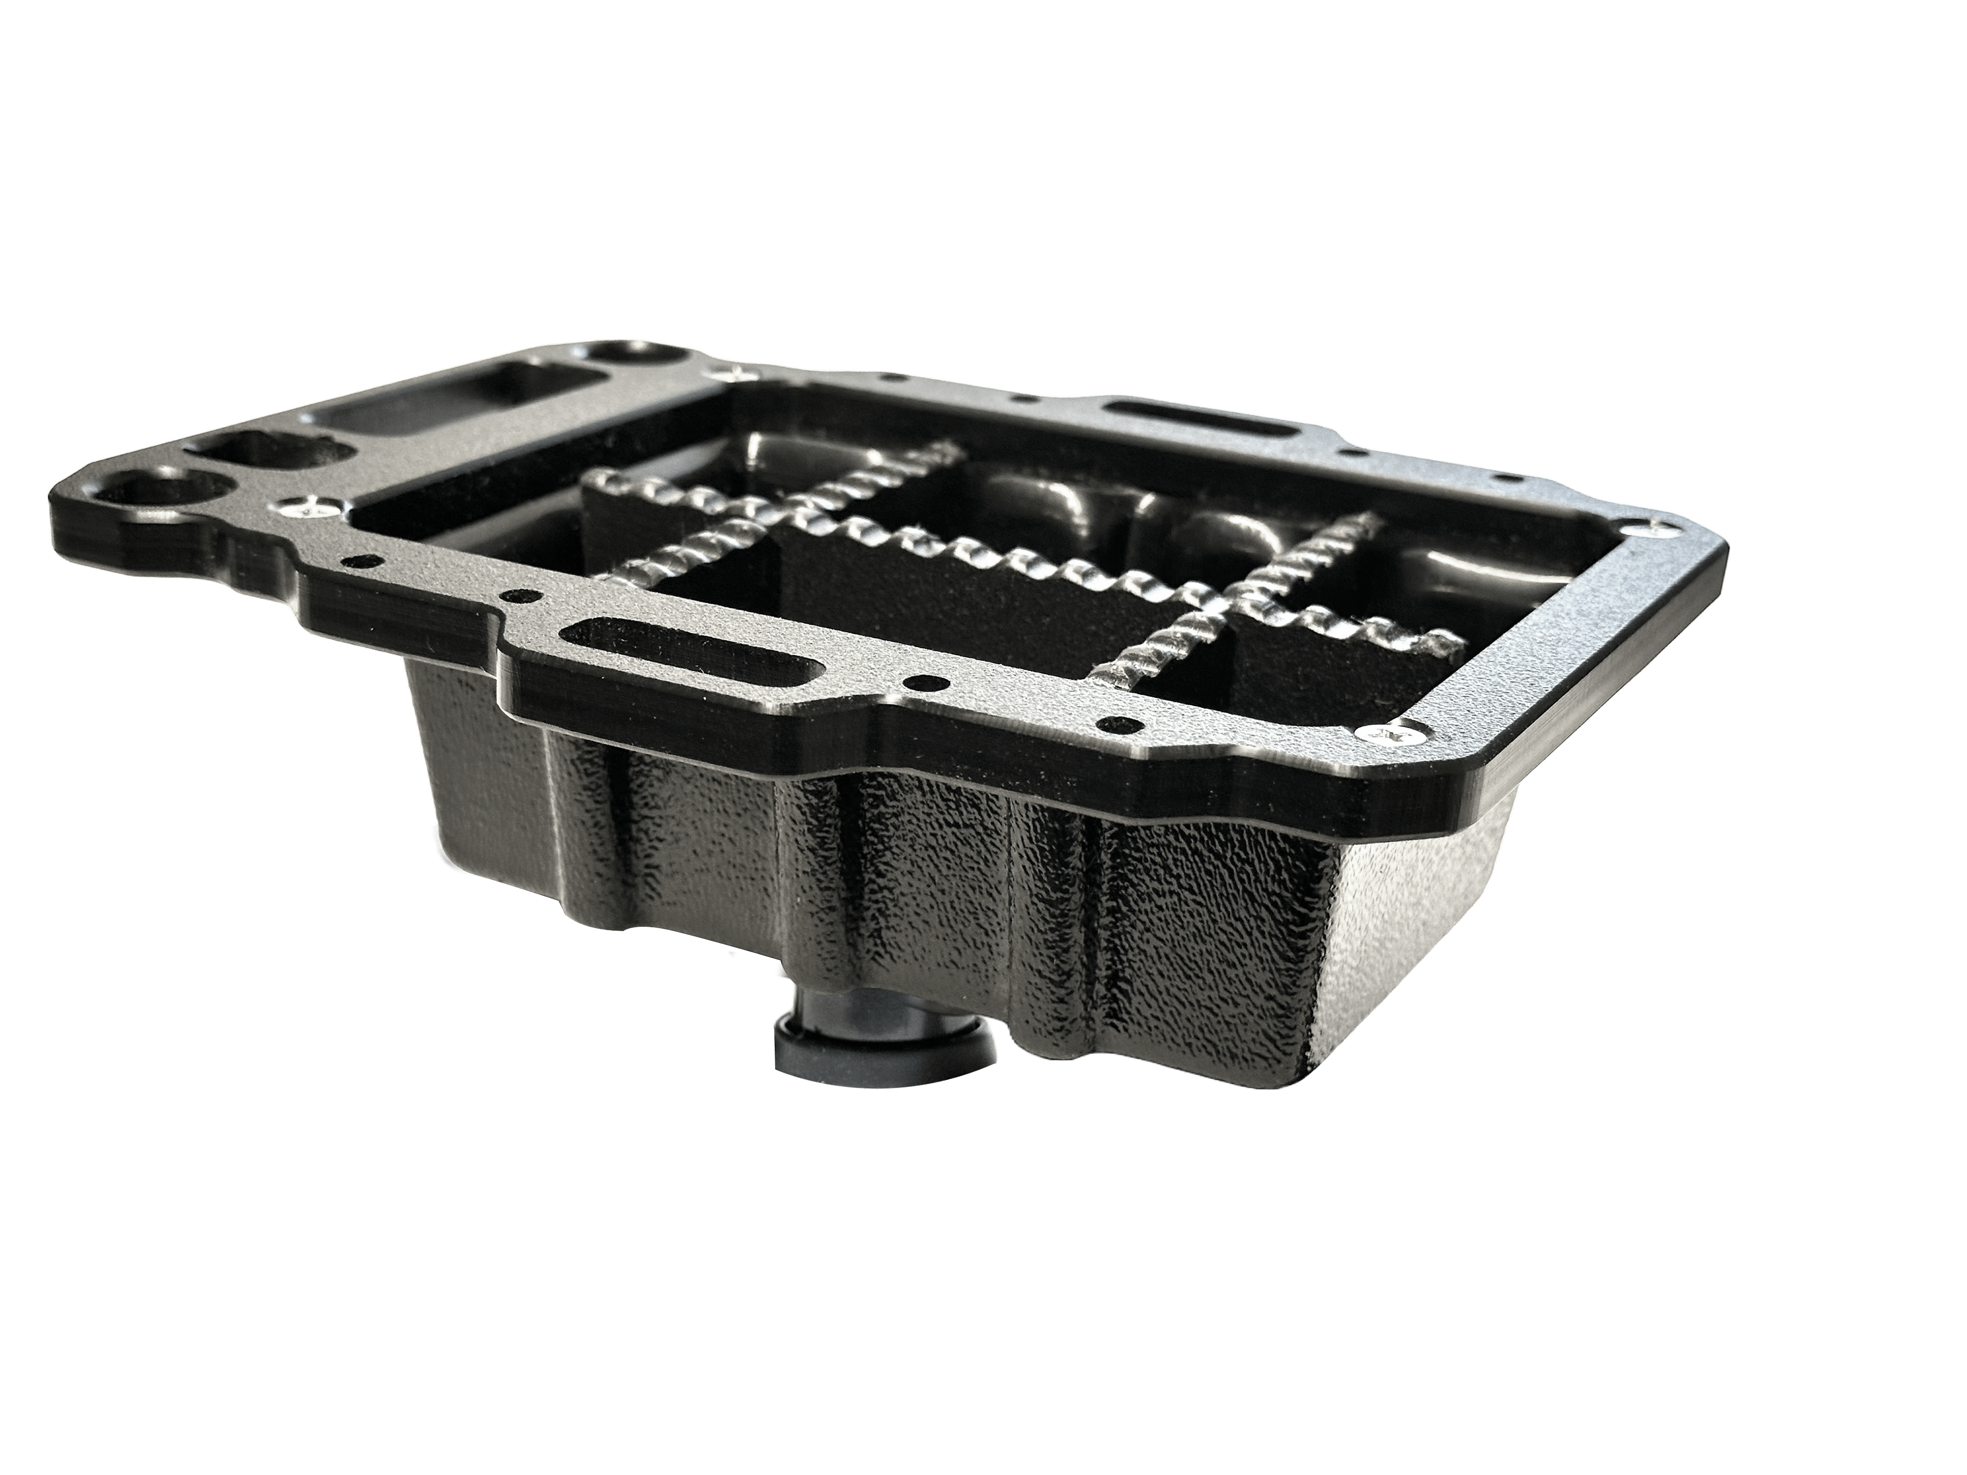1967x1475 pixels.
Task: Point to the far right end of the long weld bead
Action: click(x=1432, y=638)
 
